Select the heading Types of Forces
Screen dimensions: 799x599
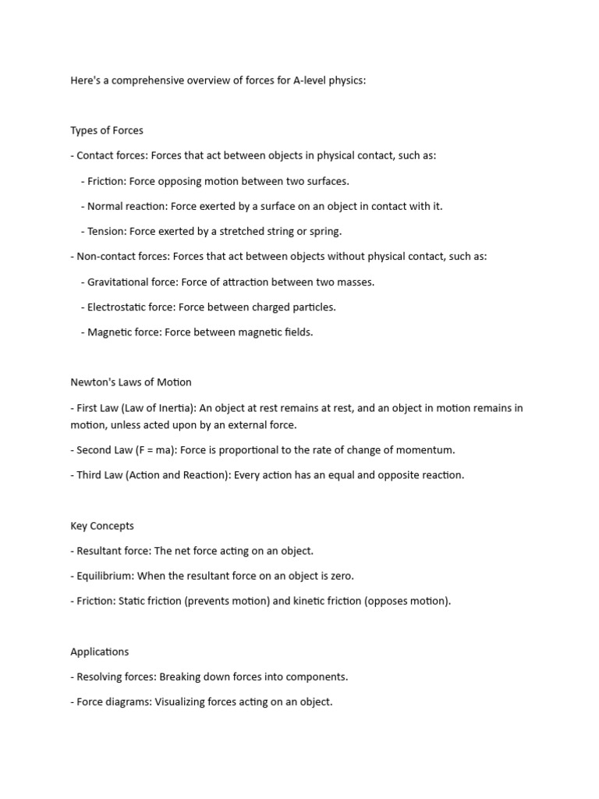point(107,130)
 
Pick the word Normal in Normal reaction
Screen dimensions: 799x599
point(105,206)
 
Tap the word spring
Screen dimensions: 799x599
point(326,231)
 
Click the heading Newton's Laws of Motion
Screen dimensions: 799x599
point(131,382)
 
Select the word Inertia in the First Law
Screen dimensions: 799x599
point(180,408)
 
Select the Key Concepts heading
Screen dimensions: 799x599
point(102,526)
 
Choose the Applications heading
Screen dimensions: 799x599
point(100,652)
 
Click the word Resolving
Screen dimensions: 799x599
point(101,676)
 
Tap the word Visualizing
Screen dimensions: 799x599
point(186,701)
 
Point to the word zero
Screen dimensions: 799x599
point(340,576)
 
